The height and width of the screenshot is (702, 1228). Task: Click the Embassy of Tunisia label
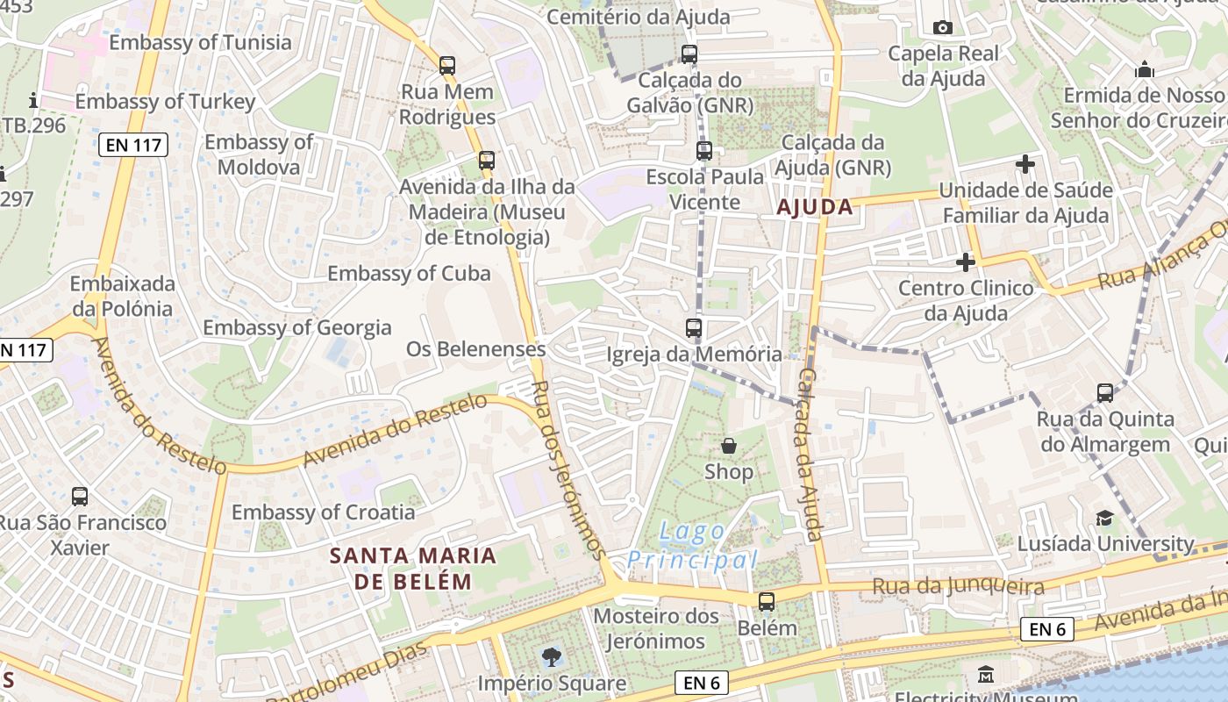(200, 42)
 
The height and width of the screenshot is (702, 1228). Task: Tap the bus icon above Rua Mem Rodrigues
(447, 65)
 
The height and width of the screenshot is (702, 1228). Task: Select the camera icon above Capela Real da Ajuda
(943, 28)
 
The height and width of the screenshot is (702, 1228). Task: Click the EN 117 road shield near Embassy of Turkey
(133, 145)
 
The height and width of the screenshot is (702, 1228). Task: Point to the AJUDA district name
(815, 207)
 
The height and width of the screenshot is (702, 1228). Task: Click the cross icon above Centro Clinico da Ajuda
(966, 261)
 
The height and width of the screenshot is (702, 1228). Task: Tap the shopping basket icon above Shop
(729, 446)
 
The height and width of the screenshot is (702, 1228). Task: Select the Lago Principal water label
(692, 545)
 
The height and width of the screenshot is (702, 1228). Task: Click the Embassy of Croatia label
(323, 512)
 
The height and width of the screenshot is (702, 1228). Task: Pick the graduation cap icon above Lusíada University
(1104, 518)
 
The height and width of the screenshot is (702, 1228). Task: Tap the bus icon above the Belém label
(767, 602)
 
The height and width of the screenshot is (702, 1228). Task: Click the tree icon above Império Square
(551, 655)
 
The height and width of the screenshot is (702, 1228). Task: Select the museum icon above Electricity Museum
(986, 675)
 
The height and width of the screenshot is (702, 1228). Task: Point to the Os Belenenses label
(475, 348)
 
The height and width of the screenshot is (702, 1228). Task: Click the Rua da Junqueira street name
(958, 586)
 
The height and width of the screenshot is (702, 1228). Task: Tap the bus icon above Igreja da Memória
(694, 328)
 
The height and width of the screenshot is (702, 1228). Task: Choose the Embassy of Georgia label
(297, 327)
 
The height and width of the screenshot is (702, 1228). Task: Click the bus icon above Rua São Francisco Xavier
(80, 497)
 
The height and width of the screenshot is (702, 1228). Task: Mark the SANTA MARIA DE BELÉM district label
(413, 568)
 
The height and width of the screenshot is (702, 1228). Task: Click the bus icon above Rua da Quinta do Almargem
(1105, 393)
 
